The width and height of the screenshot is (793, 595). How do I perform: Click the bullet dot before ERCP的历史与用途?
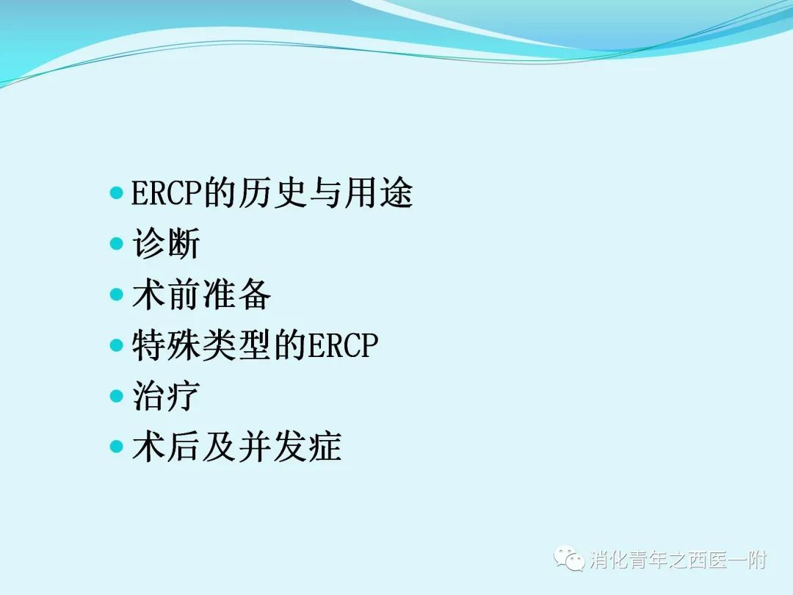[x=116, y=192]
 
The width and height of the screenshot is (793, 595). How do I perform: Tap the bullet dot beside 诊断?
[x=116, y=243]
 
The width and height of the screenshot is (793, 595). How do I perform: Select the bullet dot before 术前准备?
[x=116, y=295]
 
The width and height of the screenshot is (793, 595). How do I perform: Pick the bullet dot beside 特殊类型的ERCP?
[x=116, y=345]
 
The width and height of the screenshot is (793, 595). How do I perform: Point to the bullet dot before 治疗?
[x=116, y=396]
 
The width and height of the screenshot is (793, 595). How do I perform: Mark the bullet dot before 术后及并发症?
[x=116, y=447]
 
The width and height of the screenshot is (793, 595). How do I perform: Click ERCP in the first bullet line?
[x=167, y=192]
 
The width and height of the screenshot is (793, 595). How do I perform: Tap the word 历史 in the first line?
[x=256, y=192]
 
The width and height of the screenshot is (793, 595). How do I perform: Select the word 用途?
[x=378, y=192]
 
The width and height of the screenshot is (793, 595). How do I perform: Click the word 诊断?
[x=167, y=243]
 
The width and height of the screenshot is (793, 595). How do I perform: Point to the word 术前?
[x=167, y=295]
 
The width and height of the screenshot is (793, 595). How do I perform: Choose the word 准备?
[x=236, y=295]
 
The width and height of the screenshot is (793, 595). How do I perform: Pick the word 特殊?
[x=167, y=345]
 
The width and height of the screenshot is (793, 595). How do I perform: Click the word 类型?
[x=236, y=345]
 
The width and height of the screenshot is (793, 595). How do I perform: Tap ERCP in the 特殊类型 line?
[x=343, y=345]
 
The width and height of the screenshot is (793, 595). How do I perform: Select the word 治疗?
[x=167, y=396]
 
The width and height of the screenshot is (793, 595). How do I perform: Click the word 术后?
[x=167, y=447]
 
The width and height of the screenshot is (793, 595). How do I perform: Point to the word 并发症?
[x=289, y=447]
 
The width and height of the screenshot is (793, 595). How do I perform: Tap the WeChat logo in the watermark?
[x=569, y=558]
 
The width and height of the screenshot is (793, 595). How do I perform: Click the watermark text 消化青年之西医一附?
[x=678, y=560]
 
